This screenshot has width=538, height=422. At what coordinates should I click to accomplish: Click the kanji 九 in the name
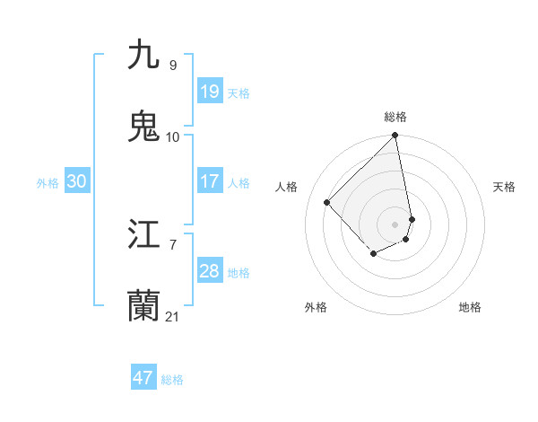click(143, 55)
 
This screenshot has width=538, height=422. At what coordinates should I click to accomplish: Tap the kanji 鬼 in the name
click(143, 127)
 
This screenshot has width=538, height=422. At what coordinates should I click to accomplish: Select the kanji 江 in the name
click(143, 234)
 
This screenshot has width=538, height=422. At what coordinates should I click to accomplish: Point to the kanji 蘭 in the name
click(143, 306)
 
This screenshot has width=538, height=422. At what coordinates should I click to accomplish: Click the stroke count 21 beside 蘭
click(172, 316)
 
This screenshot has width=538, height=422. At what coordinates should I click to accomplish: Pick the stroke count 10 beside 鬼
click(172, 136)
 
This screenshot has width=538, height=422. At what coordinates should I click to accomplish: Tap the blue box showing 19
click(209, 92)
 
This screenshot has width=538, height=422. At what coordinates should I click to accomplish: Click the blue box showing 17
click(209, 181)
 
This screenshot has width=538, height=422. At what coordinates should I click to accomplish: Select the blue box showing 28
click(209, 271)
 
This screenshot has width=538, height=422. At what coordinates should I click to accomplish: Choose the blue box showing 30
click(76, 181)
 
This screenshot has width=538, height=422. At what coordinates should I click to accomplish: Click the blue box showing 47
click(143, 378)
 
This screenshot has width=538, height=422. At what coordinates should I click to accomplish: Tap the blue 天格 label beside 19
click(239, 93)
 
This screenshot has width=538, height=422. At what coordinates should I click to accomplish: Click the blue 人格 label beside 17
click(239, 183)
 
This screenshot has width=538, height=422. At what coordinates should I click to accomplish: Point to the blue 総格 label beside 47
click(172, 380)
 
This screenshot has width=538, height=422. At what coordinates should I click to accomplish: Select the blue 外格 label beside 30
click(48, 183)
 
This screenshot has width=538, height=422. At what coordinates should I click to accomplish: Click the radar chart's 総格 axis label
click(395, 117)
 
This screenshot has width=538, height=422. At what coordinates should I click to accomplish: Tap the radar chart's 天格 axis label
click(505, 187)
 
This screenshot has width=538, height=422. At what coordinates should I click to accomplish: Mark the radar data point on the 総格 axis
click(395, 136)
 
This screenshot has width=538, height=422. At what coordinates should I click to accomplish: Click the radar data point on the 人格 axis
click(327, 202)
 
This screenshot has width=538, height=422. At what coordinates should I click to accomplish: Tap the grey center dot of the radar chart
click(395, 224)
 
